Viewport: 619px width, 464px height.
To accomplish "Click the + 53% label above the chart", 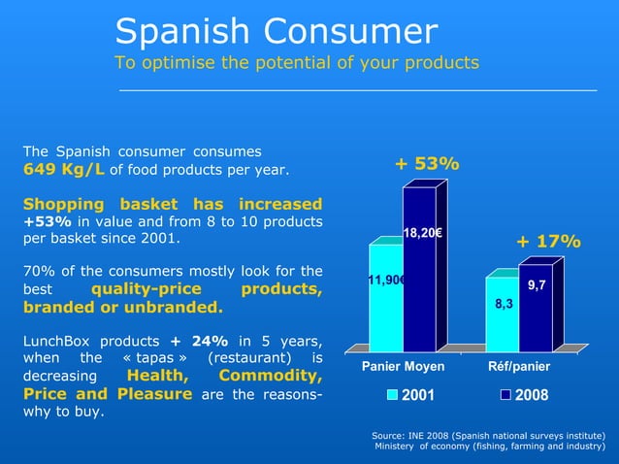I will click(427, 164).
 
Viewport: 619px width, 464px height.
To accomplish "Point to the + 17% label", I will click(547, 241).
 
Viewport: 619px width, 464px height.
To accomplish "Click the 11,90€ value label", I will click(385, 281).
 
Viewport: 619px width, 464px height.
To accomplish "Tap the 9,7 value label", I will click(536, 285).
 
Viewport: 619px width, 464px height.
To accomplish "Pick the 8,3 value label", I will click(504, 305).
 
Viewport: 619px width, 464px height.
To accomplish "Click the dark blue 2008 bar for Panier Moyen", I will click(420, 291).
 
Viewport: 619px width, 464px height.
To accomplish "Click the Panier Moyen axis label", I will click(403, 367).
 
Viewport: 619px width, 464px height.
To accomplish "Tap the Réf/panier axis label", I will click(518, 367).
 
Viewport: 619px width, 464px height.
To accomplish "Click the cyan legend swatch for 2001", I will click(393, 395).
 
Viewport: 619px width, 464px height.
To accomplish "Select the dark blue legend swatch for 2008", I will click(505, 395).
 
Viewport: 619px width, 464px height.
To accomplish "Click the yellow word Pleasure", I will click(156, 394).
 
